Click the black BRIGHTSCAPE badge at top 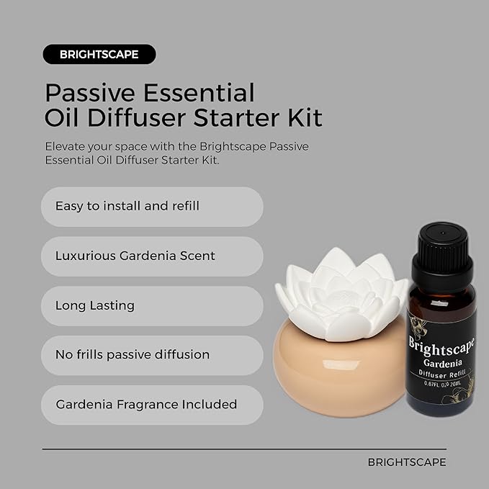(x=99, y=54)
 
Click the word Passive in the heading (x=88, y=92)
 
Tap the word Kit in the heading (x=302, y=117)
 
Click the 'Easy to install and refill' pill (x=152, y=207)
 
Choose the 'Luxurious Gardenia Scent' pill (x=152, y=256)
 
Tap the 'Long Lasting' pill (x=152, y=306)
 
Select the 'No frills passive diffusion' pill (x=152, y=355)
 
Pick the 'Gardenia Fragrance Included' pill (x=152, y=404)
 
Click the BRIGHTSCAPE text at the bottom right (x=407, y=462)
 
